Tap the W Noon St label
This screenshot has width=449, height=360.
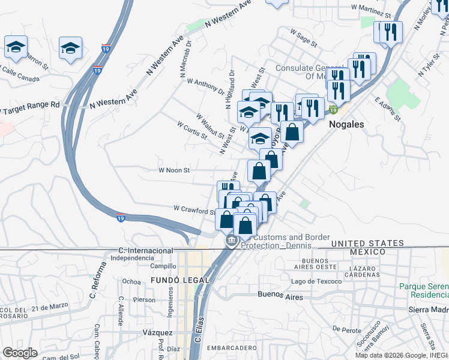tap(174, 170)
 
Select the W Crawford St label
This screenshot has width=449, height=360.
tap(194, 209)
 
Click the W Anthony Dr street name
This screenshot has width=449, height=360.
tap(205, 86)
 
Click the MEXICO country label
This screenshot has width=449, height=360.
tap(368, 251)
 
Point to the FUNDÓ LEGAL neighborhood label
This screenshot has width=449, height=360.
tap(180, 280)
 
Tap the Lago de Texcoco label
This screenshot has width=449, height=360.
tap(316, 281)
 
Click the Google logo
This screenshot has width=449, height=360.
tap(20, 353)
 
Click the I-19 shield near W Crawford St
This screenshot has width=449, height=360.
tap(121, 216)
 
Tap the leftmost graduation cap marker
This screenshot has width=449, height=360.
tap(16, 47)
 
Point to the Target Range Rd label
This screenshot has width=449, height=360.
tap(30, 106)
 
